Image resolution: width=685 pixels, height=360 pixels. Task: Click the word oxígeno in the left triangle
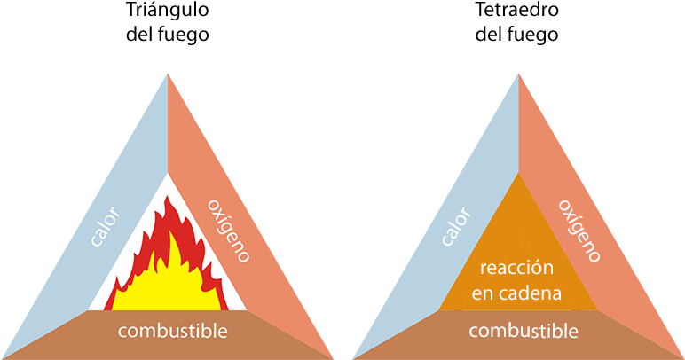(x=228, y=230)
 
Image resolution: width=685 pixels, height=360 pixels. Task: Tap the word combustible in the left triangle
(x=171, y=332)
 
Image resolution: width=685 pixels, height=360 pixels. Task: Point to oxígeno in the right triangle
(x=579, y=230)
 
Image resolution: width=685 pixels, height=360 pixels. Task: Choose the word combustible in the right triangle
(x=523, y=332)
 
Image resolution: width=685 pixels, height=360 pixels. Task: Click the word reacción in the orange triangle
(x=516, y=268)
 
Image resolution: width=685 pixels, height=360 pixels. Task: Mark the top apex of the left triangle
(x=168, y=74)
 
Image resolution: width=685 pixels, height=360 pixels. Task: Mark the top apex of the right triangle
(x=519, y=74)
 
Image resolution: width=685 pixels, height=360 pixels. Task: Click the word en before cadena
(x=481, y=293)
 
